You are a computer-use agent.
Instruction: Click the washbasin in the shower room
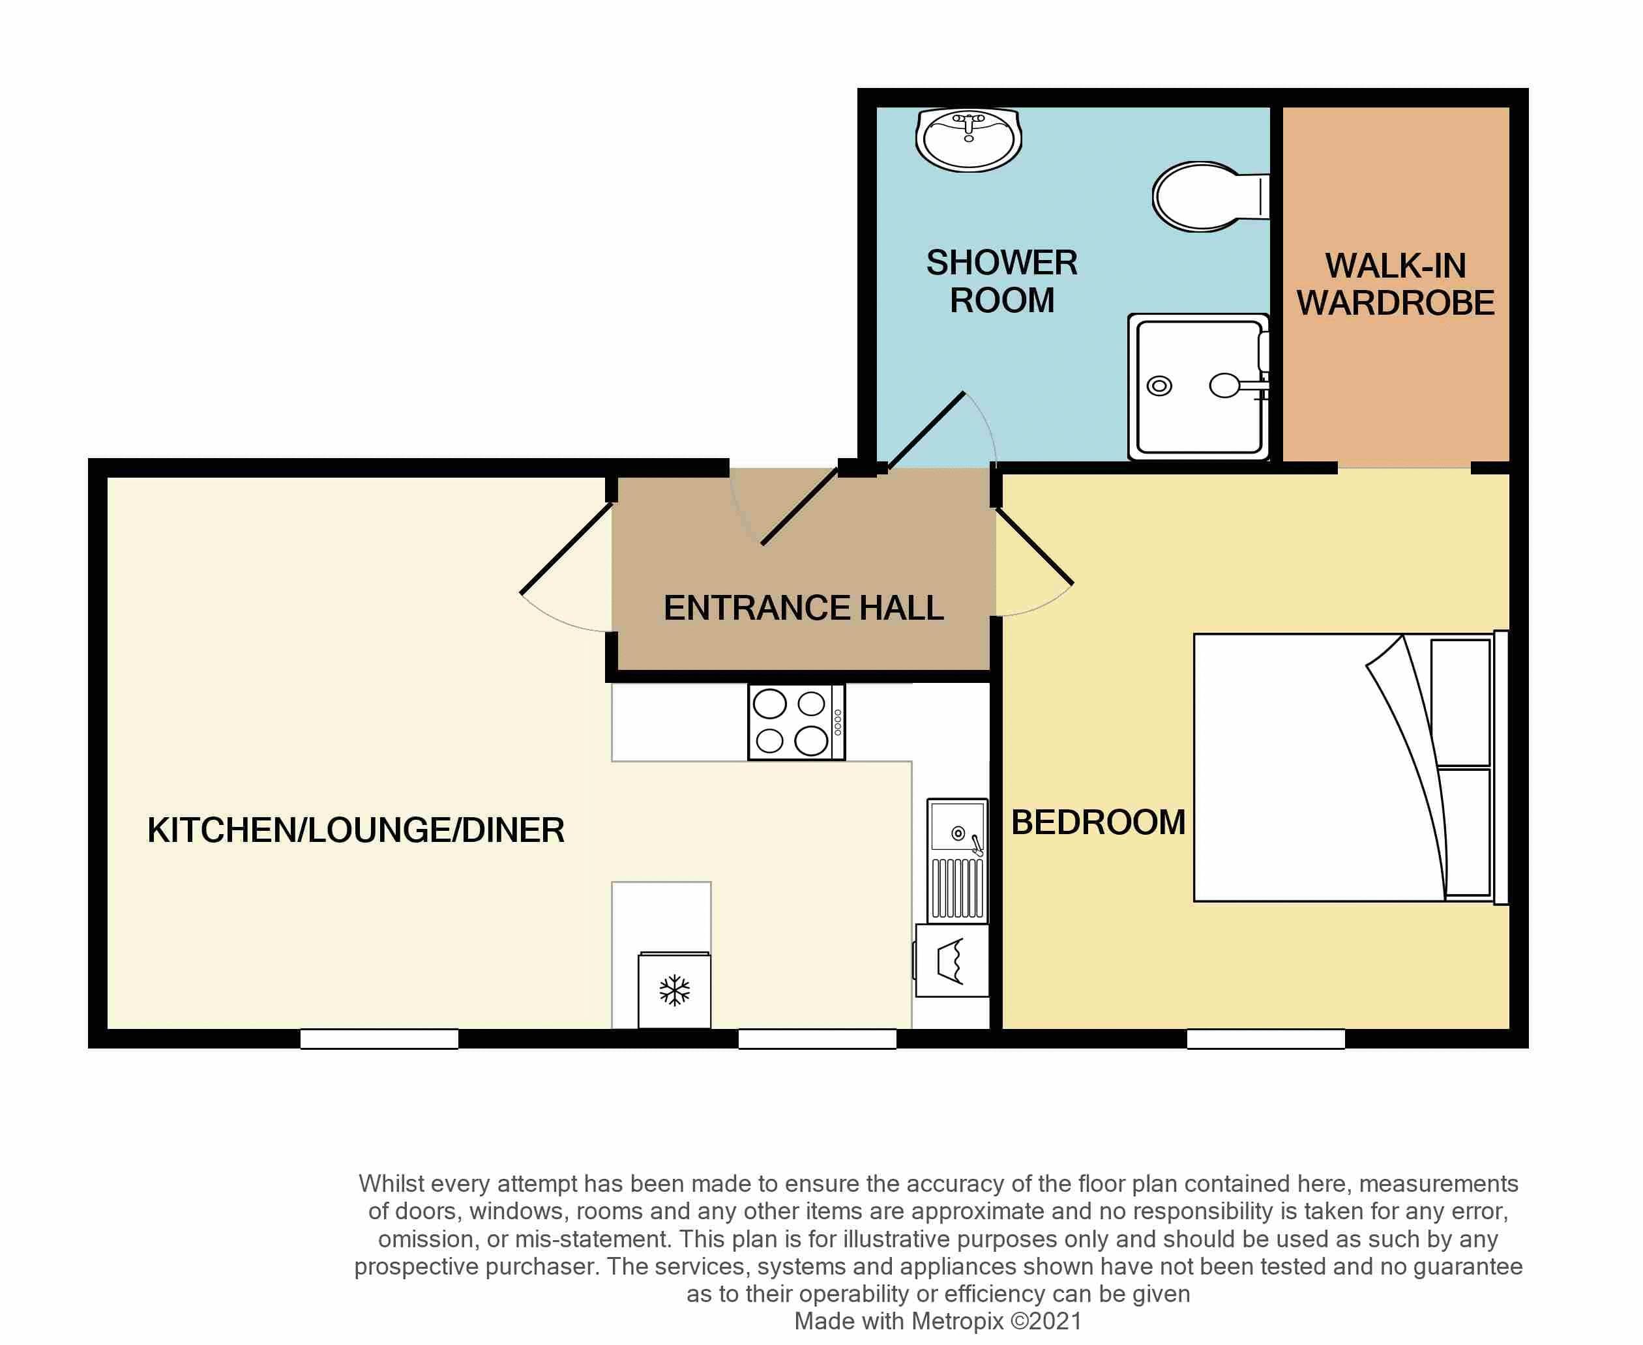click(x=968, y=140)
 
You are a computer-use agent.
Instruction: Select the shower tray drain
click(x=1159, y=386)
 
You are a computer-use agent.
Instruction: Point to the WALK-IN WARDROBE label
click(x=1395, y=284)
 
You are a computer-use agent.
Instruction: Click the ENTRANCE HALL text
click(x=804, y=608)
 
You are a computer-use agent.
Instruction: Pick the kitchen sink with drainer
click(x=957, y=861)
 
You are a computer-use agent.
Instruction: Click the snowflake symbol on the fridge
click(x=674, y=990)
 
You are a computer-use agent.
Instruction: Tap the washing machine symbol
click(x=951, y=961)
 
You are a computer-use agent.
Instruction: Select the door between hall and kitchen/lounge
click(x=567, y=549)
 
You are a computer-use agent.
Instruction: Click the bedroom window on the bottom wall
click(x=1266, y=1039)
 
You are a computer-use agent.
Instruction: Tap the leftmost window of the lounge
click(x=379, y=1039)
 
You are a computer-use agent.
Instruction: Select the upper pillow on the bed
click(x=1460, y=702)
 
